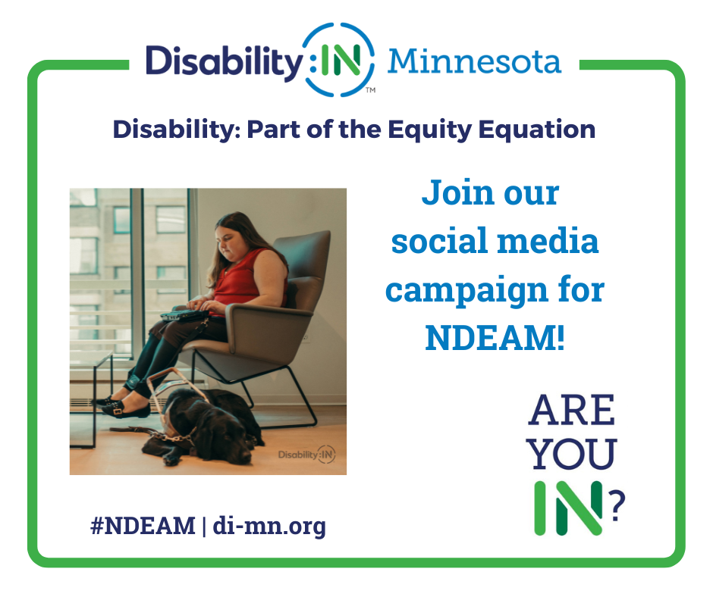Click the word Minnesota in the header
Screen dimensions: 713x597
[474, 61]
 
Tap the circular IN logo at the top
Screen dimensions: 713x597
[339, 60]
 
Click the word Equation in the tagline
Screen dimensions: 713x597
[536, 130]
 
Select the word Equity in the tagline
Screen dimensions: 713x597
[430, 130]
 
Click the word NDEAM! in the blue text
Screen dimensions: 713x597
[495, 338]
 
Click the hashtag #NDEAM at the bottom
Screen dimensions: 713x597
[143, 526]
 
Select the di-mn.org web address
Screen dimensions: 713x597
[269, 527]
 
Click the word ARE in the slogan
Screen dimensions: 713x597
[572, 411]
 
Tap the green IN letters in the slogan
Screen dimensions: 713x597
[568, 508]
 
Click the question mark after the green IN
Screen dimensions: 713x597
[617, 505]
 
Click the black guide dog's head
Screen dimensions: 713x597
[228, 437]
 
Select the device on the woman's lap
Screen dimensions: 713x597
[184, 315]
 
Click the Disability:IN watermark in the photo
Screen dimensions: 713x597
[306, 455]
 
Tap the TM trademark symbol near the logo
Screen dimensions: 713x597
[371, 90]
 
